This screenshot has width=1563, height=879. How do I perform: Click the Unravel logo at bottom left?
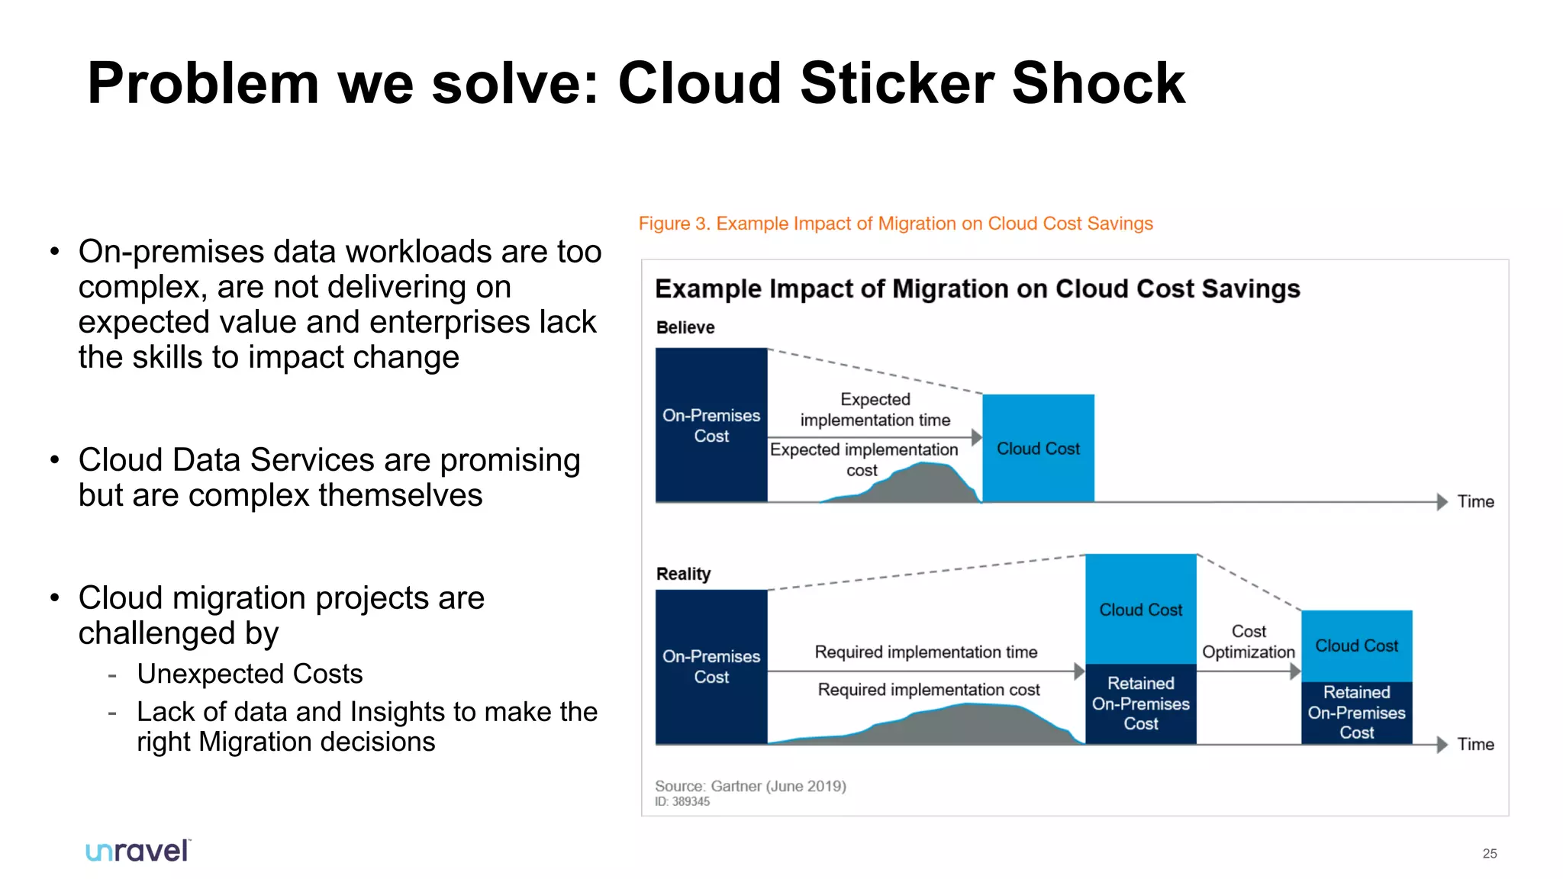[x=138, y=850]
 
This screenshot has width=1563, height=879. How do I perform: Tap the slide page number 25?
[x=1489, y=853]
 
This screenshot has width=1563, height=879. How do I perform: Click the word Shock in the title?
[x=1098, y=83]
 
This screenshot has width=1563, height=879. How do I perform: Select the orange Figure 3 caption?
[x=895, y=224]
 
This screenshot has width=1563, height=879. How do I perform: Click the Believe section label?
[x=685, y=327]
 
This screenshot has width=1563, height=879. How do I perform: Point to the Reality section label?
[x=683, y=574]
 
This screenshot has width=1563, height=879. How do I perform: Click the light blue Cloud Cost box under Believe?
[x=1038, y=448]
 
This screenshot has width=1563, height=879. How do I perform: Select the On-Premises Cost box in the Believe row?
[x=711, y=426]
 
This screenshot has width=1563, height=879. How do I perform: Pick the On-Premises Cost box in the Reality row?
[x=711, y=666]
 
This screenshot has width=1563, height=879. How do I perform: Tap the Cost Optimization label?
[x=1249, y=642]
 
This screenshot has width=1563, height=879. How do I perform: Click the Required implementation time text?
[x=926, y=652]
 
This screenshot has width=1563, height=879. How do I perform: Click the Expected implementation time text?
[x=875, y=410]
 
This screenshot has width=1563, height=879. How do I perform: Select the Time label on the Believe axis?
[x=1475, y=501]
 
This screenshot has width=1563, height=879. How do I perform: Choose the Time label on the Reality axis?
[x=1475, y=744]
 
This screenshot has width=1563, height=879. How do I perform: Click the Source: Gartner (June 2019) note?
[x=750, y=786]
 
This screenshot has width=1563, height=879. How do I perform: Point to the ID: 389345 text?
[x=682, y=801]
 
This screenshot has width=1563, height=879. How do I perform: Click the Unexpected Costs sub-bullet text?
[x=250, y=674]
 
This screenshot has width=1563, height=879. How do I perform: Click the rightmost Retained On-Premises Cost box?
[x=1356, y=712]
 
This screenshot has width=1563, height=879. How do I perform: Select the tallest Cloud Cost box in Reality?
[x=1140, y=609]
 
